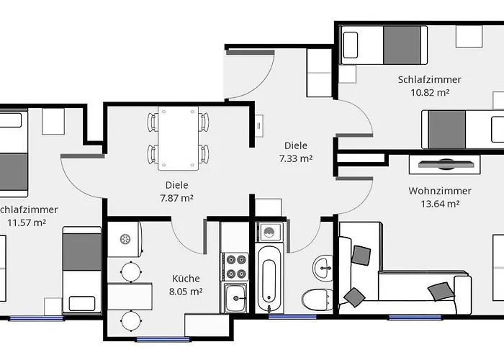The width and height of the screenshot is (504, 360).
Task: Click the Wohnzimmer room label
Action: (x=439, y=191)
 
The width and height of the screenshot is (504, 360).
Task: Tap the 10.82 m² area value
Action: (x=429, y=92)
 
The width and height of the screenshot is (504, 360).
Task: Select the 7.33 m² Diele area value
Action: (x=295, y=158)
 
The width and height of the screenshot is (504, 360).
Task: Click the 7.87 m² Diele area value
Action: (x=176, y=197)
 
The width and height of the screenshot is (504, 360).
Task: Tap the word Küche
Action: (x=186, y=279)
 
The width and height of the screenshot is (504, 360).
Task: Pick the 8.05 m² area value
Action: (x=186, y=292)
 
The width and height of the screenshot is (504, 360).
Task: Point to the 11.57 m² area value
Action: (x=27, y=222)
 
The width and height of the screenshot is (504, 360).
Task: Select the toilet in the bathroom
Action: (x=317, y=298)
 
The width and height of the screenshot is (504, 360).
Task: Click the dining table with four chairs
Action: (x=178, y=135)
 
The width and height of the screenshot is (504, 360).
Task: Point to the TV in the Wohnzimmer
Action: (x=444, y=163)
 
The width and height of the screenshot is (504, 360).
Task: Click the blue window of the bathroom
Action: (x=292, y=316)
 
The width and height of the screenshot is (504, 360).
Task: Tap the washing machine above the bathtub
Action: (x=271, y=232)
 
